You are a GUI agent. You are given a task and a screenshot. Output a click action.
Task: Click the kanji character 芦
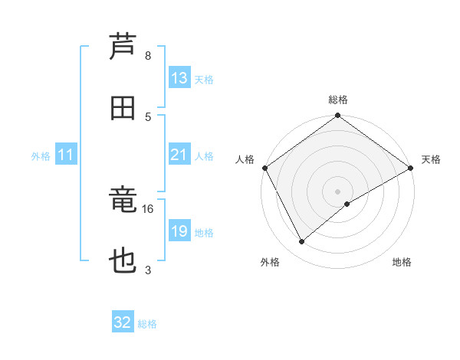click(123, 47)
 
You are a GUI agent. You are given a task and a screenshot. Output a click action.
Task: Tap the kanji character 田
click(123, 108)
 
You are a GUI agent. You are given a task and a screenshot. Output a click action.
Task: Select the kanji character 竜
click(123, 201)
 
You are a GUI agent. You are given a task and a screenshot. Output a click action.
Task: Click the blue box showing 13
click(179, 78)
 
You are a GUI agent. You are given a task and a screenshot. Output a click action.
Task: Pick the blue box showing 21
click(179, 155)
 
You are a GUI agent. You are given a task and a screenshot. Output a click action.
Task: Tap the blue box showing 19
click(179, 231)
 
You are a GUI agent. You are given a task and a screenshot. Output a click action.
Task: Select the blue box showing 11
click(66, 155)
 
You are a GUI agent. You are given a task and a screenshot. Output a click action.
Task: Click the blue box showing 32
click(123, 322)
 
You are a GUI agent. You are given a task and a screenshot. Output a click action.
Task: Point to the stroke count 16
click(148, 208)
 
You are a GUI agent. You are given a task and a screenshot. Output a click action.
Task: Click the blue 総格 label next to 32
click(147, 324)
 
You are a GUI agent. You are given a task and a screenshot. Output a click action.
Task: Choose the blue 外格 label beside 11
click(41, 156)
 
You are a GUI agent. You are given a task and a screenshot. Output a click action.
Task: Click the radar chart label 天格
click(431, 159)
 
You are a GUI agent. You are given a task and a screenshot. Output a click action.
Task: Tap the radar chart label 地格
click(402, 262)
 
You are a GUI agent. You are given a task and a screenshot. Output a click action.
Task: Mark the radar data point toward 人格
click(264, 168)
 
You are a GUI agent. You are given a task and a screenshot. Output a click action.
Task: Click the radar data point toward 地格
click(347, 204)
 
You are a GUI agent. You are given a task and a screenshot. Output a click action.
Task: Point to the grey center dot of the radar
click(337, 191)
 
